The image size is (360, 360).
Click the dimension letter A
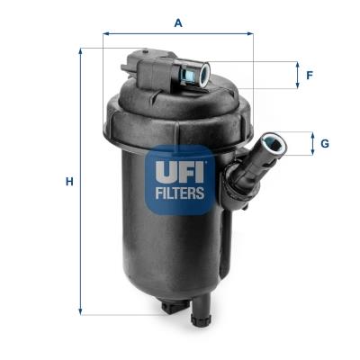pos(178,24)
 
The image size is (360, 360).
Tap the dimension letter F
pos(309,76)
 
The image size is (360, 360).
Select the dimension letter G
pos(324,143)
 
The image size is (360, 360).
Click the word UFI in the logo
pos(181,169)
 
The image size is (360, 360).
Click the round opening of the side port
pos(271,142)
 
